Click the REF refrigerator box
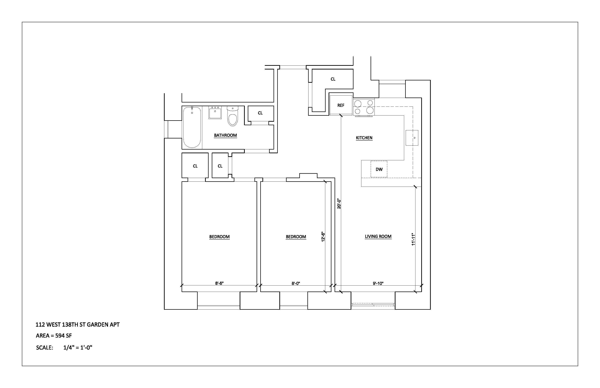coord(341,105)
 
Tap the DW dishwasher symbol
coord(379,169)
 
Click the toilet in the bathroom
coord(232,116)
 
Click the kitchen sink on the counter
coord(412,138)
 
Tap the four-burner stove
coord(364,107)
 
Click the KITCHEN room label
coord(364,138)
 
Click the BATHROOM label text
coord(225,135)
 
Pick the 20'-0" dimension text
coord(339,204)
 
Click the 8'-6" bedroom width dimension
coord(219,283)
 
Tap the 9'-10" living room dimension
coord(378,283)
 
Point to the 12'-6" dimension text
coord(323,237)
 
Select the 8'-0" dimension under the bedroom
coord(296,283)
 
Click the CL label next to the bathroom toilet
coord(260,113)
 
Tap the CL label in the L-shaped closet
coord(333,79)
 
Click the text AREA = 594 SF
coord(54,336)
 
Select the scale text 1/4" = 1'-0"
coord(78,348)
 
